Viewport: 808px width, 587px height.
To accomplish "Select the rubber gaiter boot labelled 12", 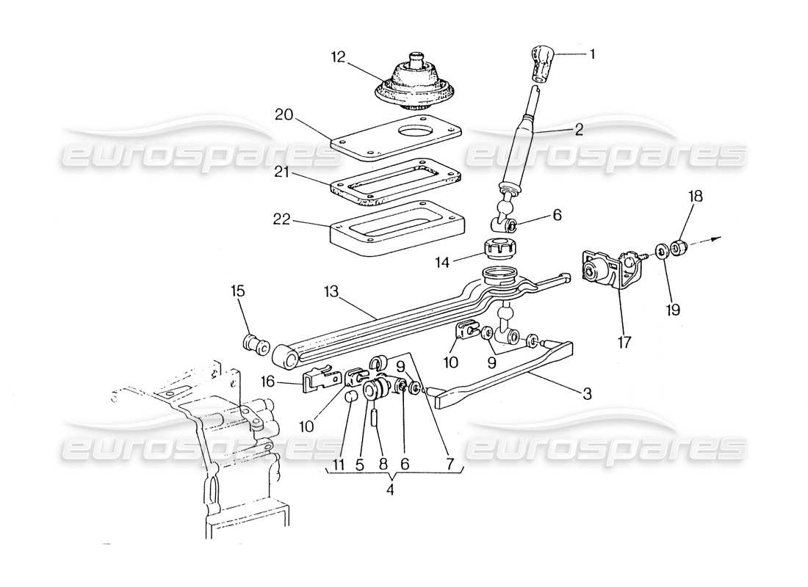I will pyautogui.click(x=415, y=82).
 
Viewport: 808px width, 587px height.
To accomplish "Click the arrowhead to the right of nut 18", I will pyautogui.click(x=718, y=238).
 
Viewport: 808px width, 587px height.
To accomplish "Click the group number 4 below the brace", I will pyautogui.click(x=390, y=490).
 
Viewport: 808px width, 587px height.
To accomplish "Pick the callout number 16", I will pyautogui.click(x=270, y=381).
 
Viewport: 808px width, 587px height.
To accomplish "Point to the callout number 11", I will pyautogui.click(x=339, y=464).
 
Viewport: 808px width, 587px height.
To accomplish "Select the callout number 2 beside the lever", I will pyautogui.click(x=579, y=130).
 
